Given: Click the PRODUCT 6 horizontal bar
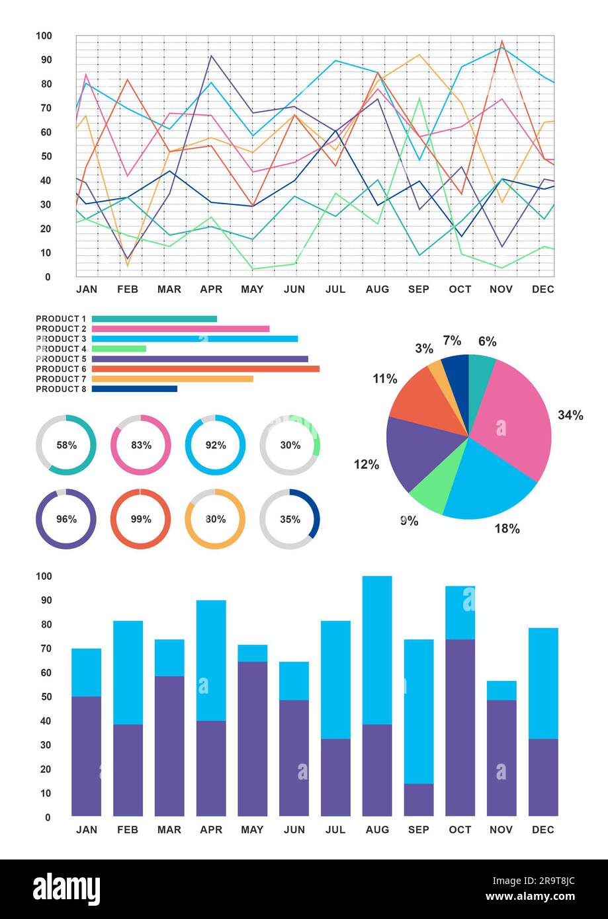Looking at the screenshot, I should (205, 369).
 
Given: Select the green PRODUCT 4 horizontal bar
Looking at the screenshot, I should (118, 348).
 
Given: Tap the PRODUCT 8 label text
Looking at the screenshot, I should (61, 389).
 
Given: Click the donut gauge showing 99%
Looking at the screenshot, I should (140, 519).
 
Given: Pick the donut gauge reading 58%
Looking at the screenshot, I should (66, 445).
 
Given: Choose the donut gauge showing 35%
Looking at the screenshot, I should (290, 519).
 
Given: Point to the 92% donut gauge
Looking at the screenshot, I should (215, 445).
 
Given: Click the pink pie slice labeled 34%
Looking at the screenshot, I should (513, 417).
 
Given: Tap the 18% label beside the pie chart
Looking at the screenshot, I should (507, 529).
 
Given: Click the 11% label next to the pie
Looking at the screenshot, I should (384, 379).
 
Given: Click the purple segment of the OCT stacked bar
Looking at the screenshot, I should (460, 727).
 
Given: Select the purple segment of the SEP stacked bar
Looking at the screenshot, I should (419, 800).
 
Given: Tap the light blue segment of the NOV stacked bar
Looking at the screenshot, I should (501, 690).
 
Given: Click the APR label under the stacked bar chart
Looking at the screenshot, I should (211, 830).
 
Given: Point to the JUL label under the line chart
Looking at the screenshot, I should (335, 290).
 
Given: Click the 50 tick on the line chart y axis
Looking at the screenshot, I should (47, 156).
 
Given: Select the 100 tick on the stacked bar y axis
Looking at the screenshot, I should (43, 576).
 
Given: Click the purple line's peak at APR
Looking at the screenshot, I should (211, 56).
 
